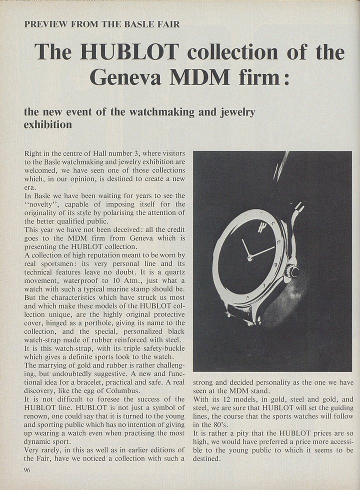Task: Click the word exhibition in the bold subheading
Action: [48, 124]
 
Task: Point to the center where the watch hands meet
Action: [250, 257]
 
